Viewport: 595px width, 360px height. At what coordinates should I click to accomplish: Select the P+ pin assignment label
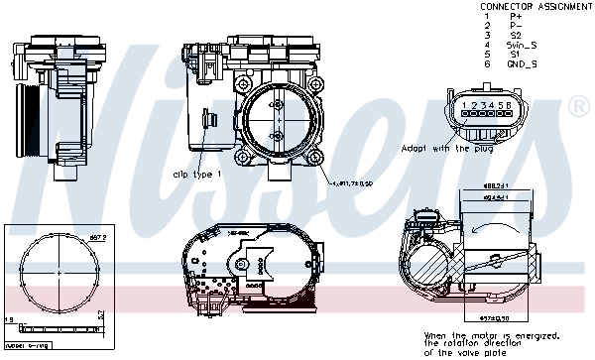(516, 16)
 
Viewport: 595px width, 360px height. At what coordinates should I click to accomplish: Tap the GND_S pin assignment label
(522, 63)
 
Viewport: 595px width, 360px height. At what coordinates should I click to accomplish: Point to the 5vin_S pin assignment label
(523, 45)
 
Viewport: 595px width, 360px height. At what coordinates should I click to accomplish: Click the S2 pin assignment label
(516, 35)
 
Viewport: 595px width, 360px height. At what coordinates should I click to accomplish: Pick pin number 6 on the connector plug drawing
(509, 104)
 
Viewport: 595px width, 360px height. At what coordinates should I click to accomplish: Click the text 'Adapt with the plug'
(446, 148)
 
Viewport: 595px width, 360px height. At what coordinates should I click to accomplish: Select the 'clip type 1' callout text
(197, 174)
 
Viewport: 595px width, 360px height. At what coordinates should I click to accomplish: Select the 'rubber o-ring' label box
(29, 347)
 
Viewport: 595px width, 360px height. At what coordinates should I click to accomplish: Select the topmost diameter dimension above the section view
(497, 187)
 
